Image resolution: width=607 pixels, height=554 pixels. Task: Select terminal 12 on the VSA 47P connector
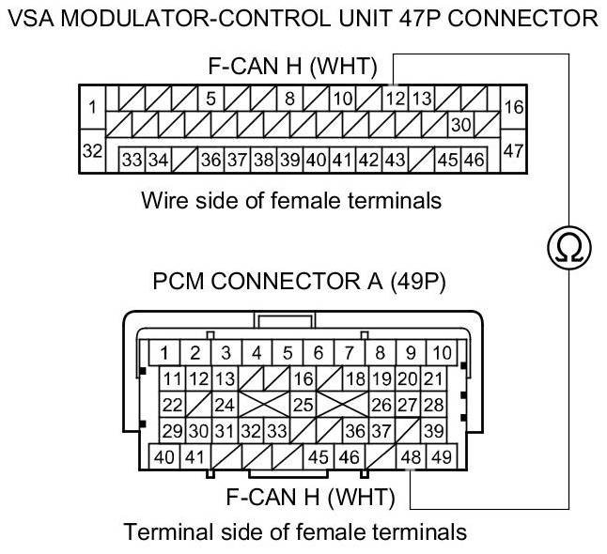tap(396, 98)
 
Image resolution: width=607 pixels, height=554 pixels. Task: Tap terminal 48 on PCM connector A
tap(411, 457)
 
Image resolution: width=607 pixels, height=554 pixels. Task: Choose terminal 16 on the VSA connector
tap(513, 108)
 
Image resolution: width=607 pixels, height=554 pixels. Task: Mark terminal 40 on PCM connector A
tap(163, 457)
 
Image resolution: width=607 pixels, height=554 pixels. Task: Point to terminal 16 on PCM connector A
tap(303, 379)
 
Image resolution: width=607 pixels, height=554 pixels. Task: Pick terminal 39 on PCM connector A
tap(433, 431)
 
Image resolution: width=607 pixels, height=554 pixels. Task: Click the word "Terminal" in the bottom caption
tap(164, 532)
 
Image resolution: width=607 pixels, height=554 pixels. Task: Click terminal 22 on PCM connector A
tap(172, 405)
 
